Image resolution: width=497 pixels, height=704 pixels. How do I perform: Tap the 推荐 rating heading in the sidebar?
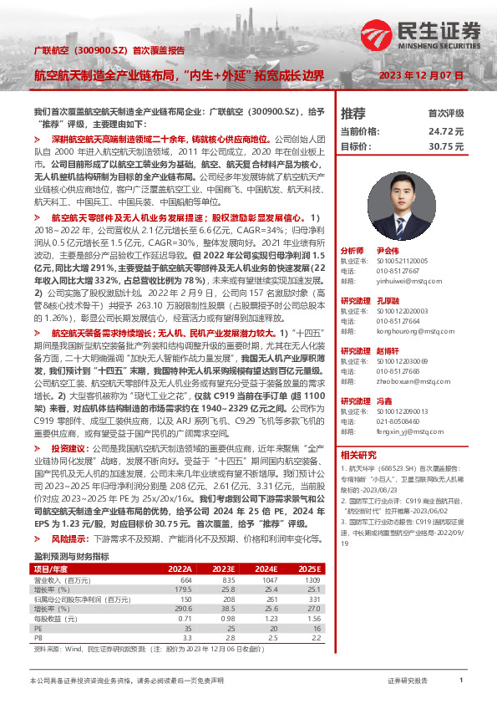[354, 113]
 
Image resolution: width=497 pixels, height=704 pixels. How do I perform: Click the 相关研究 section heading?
[358, 454]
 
